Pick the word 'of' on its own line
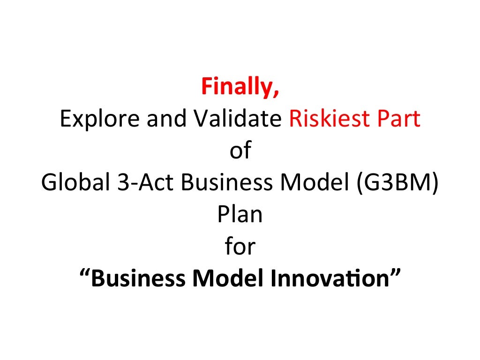[240, 151]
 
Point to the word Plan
[240, 215]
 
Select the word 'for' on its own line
[240, 247]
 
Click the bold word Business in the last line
[138, 278]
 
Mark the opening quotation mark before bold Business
[84, 272]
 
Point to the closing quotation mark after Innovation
[396, 272]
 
